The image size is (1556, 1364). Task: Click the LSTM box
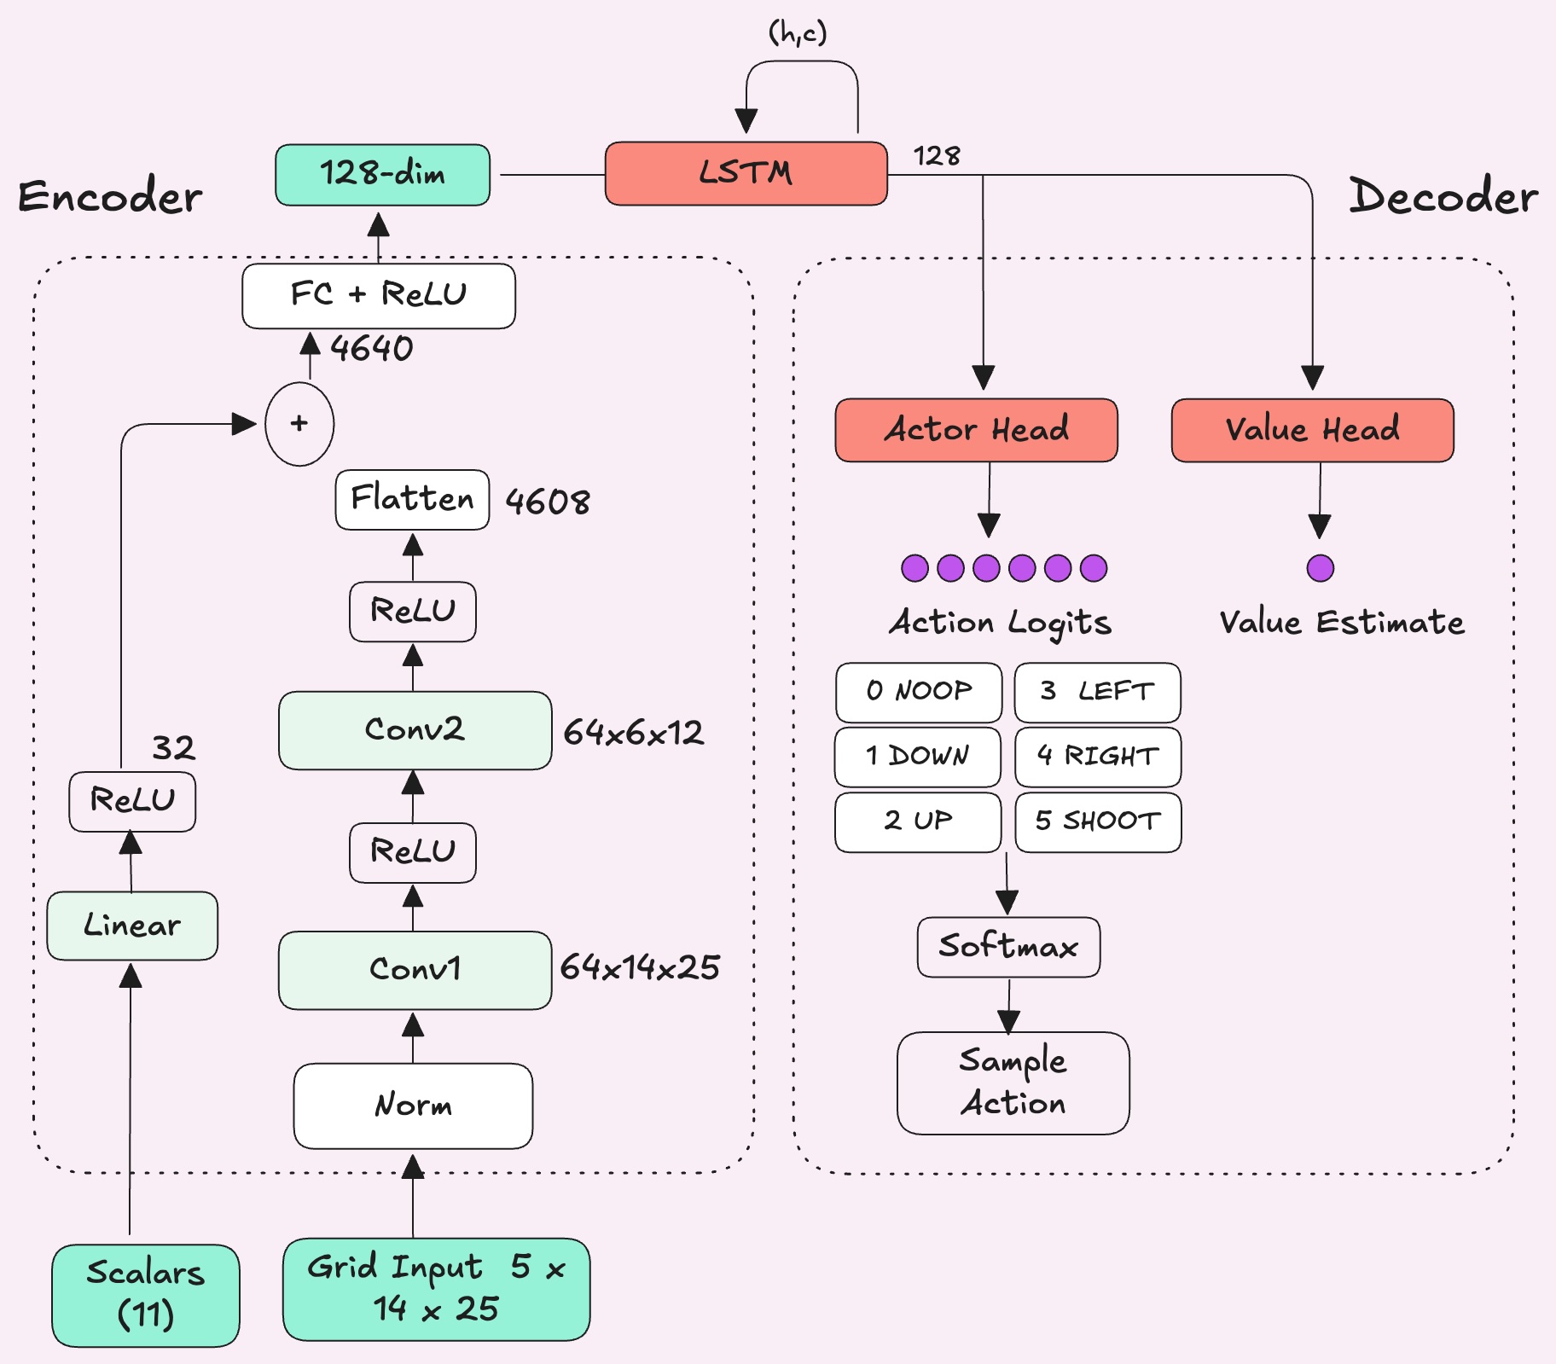pyautogui.click(x=746, y=174)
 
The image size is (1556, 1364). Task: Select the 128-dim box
pyautogui.click(x=382, y=175)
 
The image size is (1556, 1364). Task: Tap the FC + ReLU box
pyautogui.click(x=378, y=295)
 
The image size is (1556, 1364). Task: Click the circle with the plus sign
pyautogui.click(x=299, y=424)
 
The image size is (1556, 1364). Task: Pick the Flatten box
pyautogui.click(x=412, y=500)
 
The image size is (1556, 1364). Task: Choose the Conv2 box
pyautogui.click(x=415, y=730)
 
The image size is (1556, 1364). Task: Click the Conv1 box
pyautogui.click(x=415, y=970)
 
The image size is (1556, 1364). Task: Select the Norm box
pyautogui.click(x=413, y=1106)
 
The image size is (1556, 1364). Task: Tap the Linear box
pyautogui.click(x=132, y=926)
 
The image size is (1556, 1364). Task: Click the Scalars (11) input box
pyautogui.click(x=145, y=1294)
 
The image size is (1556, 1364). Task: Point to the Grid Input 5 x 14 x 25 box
pyautogui.click(x=436, y=1289)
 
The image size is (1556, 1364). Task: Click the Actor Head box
pyautogui.click(x=976, y=430)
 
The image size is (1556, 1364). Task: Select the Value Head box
pyautogui.click(x=1312, y=430)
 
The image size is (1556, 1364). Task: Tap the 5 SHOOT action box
pyautogui.click(x=1098, y=821)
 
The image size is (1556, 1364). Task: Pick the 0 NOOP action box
pyautogui.click(x=918, y=692)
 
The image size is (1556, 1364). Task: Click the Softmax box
pyautogui.click(x=1008, y=947)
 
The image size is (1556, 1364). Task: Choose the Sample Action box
pyautogui.click(x=1013, y=1082)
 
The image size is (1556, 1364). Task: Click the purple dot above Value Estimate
pyautogui.click(x=1320, y=568)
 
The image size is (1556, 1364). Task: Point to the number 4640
pyautogui.click(x=372, y=349)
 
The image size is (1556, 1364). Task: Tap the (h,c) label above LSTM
pyautogui.click(x=798, y=33)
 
